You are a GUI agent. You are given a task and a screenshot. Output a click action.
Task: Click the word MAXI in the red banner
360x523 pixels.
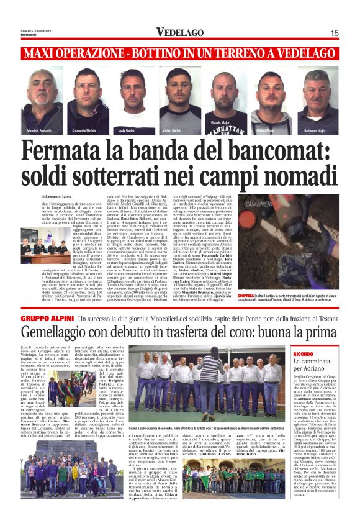[43, 54]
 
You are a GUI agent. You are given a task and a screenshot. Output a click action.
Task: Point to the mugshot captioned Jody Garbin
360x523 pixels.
[128, 99]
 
